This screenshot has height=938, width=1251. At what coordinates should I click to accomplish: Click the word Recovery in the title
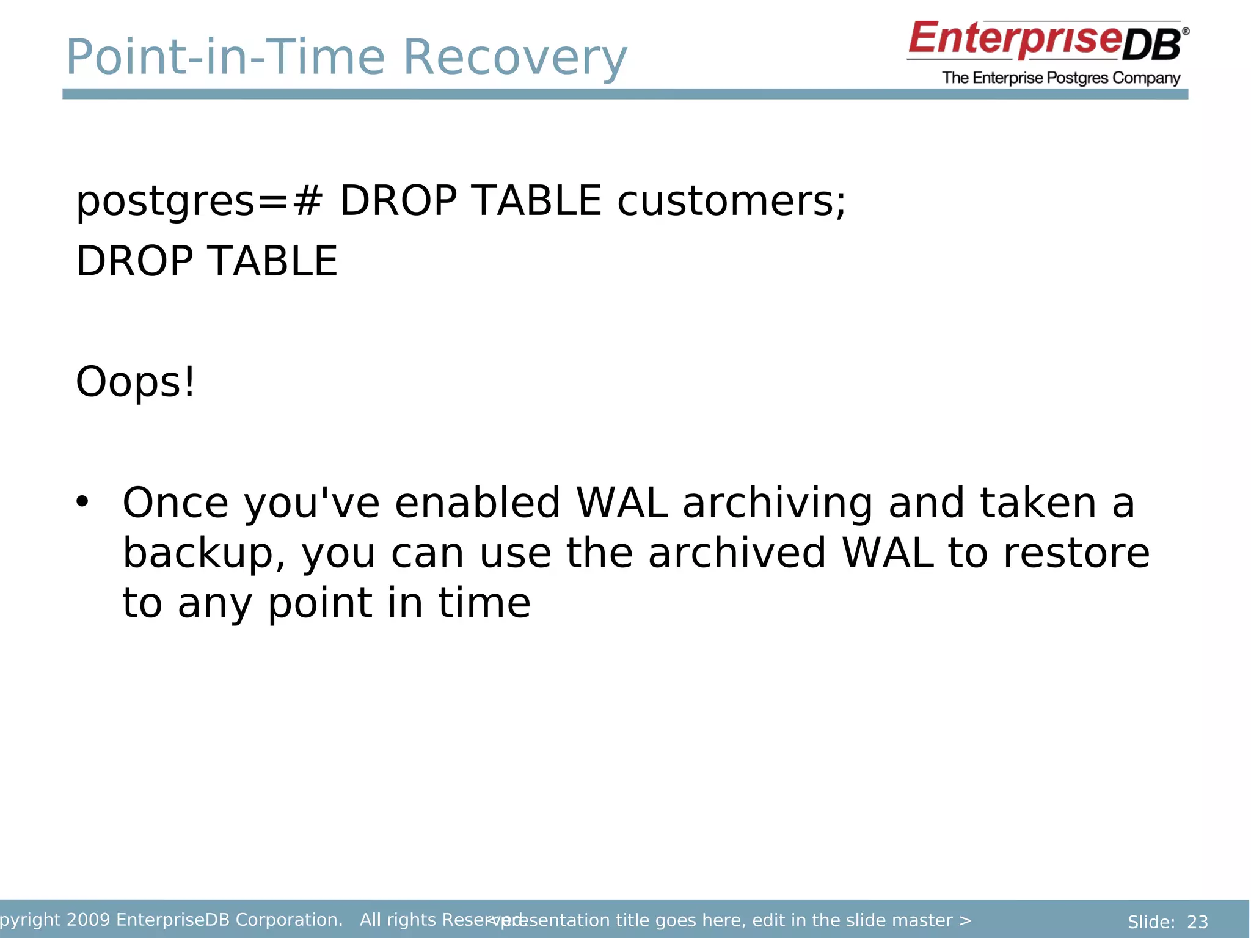(514, 57)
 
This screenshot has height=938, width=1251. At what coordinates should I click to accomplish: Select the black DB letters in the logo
(1152, 46)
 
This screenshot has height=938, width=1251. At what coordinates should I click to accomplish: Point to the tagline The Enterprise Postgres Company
(1061, 78)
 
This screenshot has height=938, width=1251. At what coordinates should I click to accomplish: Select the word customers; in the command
(731, 201)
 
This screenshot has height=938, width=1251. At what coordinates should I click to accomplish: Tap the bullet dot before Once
(82, 502)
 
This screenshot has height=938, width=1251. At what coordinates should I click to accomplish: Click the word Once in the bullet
(175, 503)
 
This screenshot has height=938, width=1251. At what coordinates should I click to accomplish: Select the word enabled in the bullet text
(477, 503)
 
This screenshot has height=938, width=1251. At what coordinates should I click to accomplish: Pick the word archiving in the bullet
(777, 504)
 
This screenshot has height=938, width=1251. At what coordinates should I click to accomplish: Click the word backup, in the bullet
(204, 553)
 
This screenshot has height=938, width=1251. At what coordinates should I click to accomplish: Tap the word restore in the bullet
(1076, 553)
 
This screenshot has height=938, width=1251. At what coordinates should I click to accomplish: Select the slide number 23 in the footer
(1197, 922)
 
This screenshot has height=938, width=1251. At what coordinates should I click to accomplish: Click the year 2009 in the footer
(88, 920)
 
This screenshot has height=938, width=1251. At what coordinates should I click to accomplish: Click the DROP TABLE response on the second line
(206, 261)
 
